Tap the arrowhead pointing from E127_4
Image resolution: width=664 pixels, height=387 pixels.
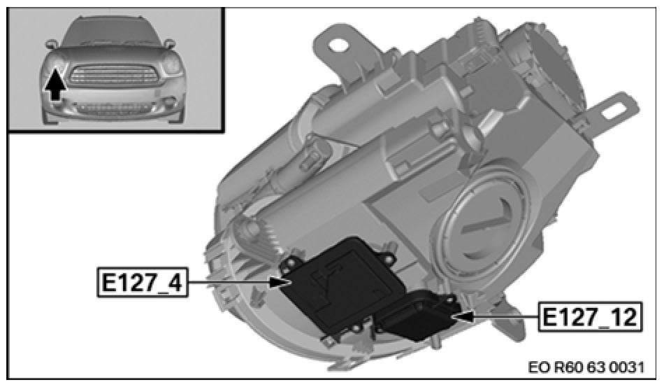(279, 282)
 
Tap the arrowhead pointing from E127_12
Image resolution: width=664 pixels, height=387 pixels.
(463, 316)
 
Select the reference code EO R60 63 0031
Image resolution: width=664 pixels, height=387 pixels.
(586, 367)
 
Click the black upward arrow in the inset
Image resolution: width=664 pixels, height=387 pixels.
(55, 85)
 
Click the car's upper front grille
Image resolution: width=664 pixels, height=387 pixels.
(113, 76)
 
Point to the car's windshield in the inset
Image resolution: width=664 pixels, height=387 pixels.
(113, 31)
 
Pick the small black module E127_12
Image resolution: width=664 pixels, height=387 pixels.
(417, 314)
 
